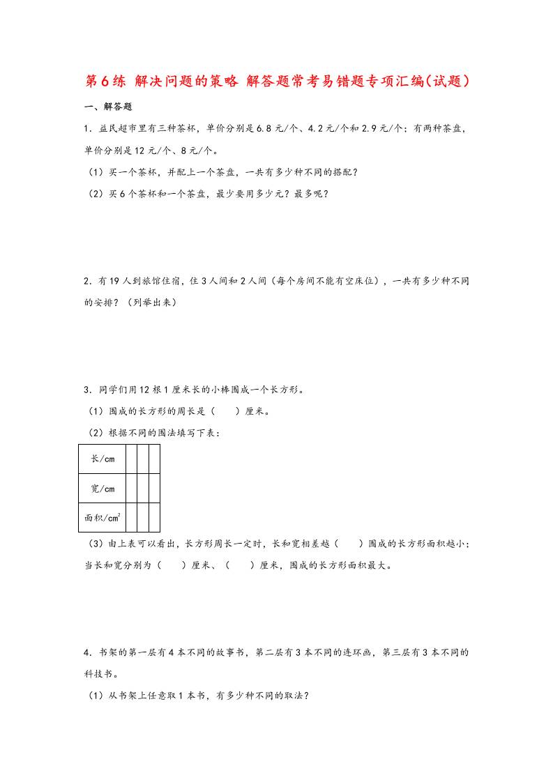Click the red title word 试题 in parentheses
point(451,81)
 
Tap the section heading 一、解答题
point(107,107)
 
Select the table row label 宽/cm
point(103,488)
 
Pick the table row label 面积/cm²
point(103,517)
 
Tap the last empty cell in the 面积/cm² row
point(155,517)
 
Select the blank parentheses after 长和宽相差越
point(348,543)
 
